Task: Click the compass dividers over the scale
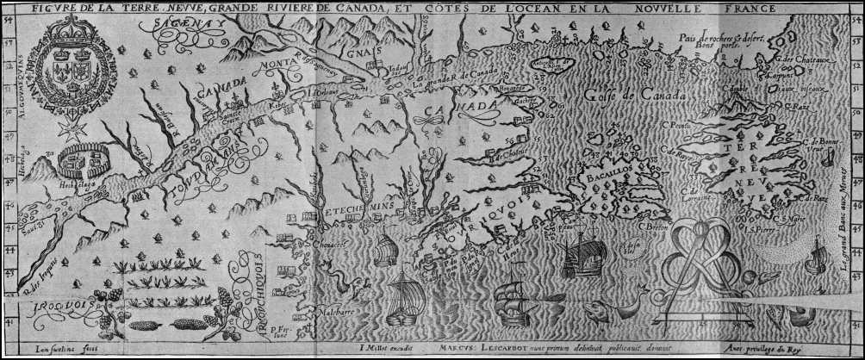pos(706,258)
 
